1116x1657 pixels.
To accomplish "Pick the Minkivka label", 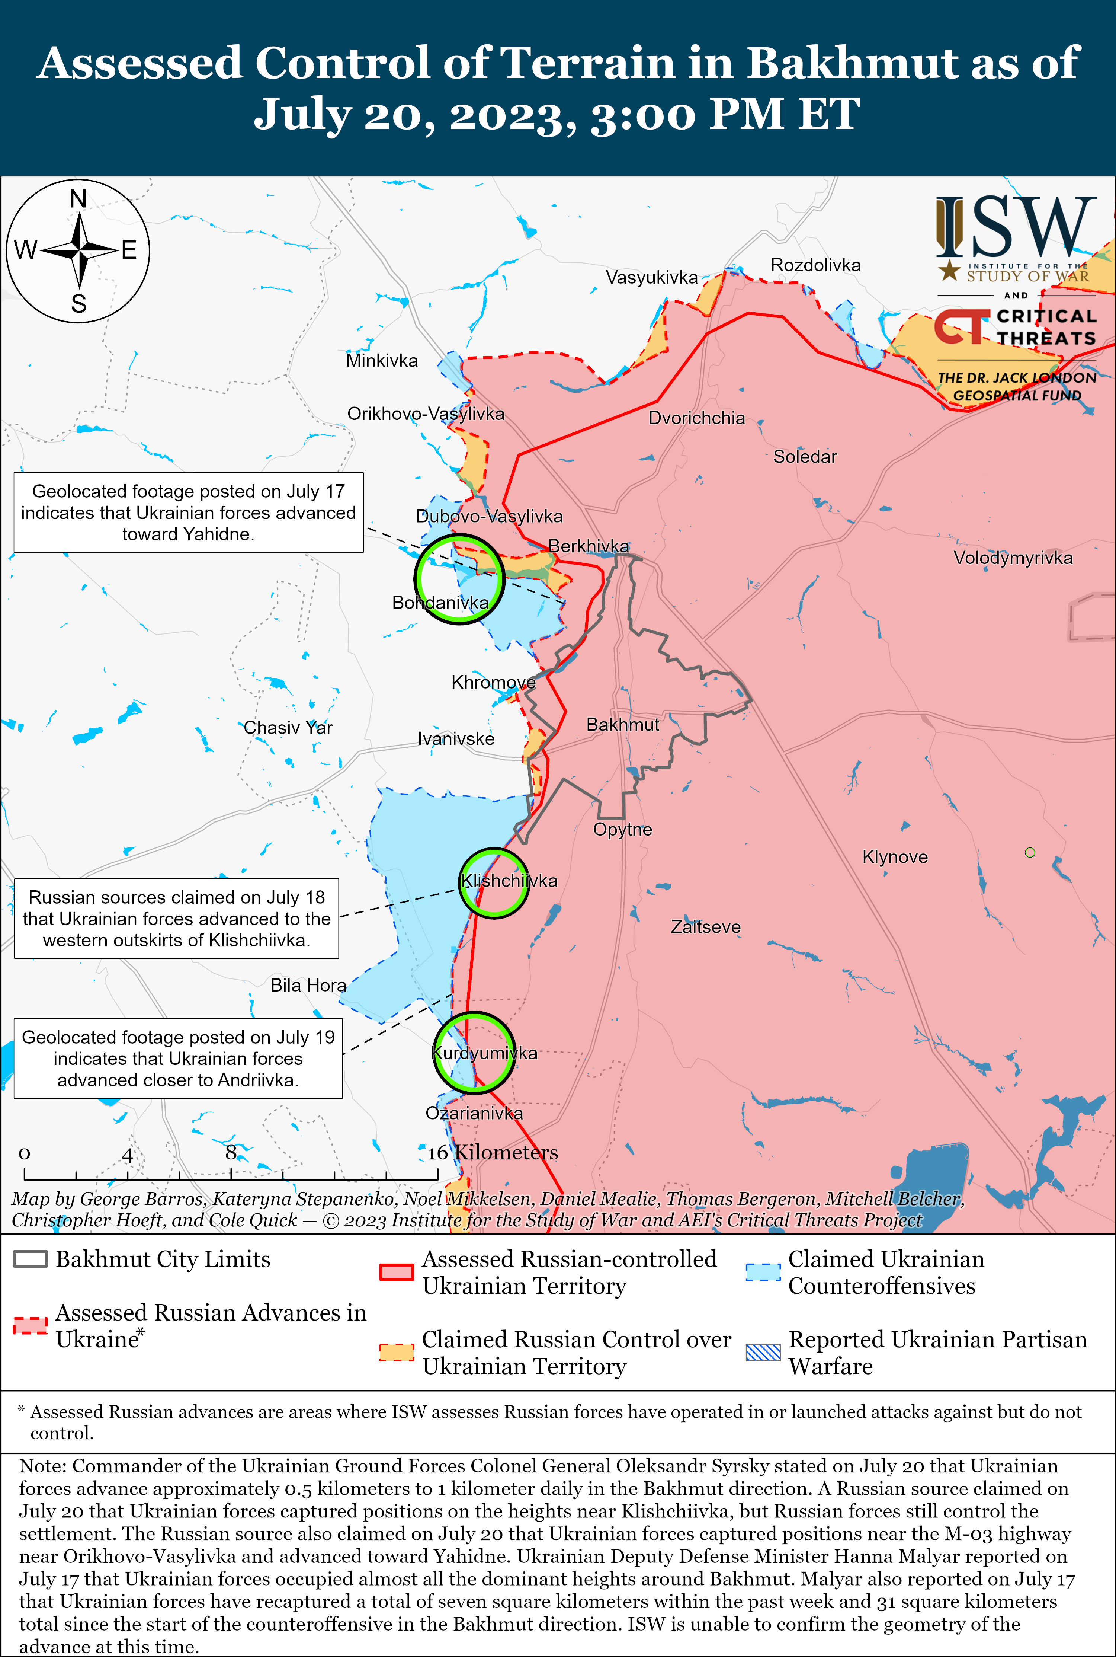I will point(382,361).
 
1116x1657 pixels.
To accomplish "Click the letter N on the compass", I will point(78,199).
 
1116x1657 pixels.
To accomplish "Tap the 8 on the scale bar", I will point(231,1152).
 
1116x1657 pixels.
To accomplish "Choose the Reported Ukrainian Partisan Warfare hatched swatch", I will point(763,1352).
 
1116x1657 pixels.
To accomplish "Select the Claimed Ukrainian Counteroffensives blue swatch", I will point(763,1272).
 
